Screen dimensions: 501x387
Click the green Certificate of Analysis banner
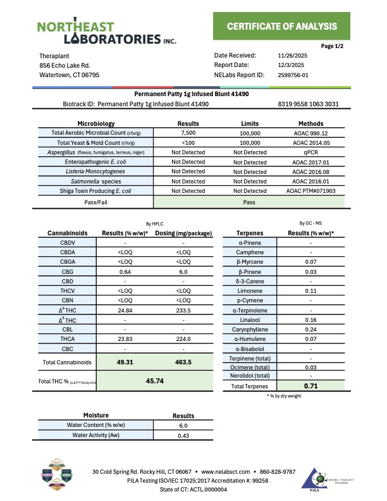click(x=282, y=26)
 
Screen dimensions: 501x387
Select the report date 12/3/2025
click(x=291, y=65)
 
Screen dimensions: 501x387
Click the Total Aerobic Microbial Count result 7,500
click(x=188, y=133)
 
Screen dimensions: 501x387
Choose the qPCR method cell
click(x=310, y=152)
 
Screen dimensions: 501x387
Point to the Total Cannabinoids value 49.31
click(x=125, y=362)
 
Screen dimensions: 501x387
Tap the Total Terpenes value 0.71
click(x=310, y=386)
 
